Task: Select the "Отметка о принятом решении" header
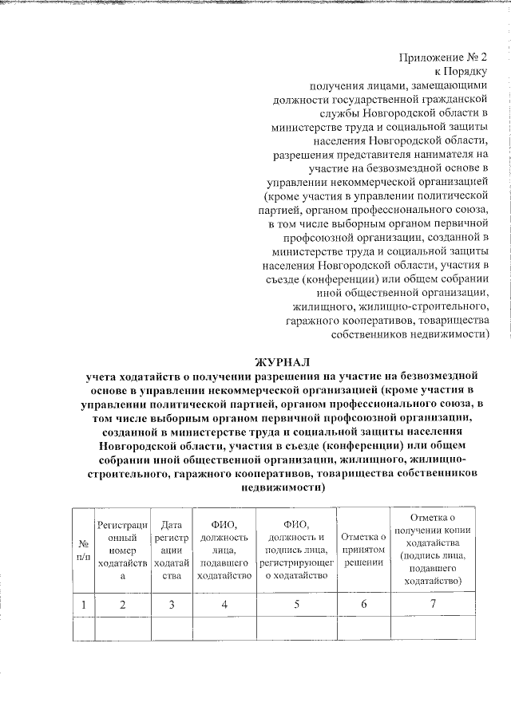[363, 550]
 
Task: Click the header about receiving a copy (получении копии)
[433, 550]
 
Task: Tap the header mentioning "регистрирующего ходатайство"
[296, 550]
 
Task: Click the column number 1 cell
[84, 604]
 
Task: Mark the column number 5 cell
[296, 604]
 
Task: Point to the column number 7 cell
[433, 604]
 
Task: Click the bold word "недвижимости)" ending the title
[283, 489]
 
